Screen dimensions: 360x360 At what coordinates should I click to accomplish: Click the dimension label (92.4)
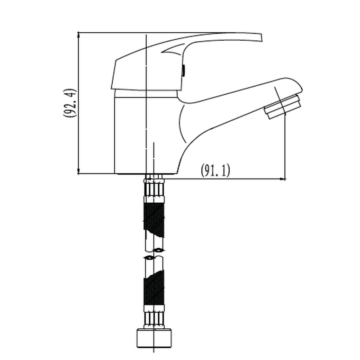[69, 103]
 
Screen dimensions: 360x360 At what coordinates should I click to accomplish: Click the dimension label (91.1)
[215, 170]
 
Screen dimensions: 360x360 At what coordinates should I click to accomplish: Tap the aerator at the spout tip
[283, 107]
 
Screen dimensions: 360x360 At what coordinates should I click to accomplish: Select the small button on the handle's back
[184, 71]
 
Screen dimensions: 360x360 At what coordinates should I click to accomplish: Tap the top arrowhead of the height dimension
[79, 35]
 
